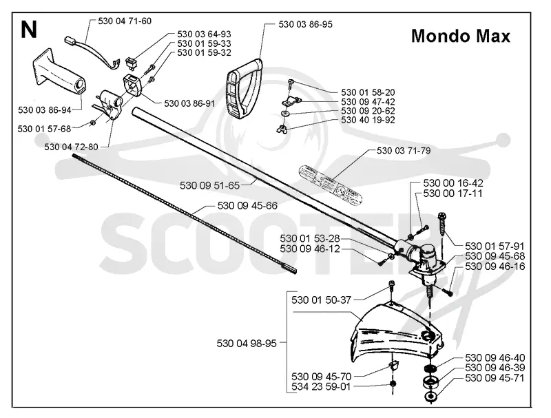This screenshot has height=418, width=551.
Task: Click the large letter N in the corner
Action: click(x=29, y=30)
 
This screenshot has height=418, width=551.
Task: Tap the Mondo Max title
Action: click(x=460, y=36)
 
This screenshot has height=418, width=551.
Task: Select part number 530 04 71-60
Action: click(x=125, y=21)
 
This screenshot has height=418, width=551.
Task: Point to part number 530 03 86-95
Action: click(x=305, y=24)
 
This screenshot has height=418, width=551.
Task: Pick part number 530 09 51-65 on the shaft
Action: click(x=209, y=185)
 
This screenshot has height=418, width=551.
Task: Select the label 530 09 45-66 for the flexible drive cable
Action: click(x=247, y=206)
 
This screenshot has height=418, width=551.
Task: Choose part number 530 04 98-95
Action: click(x=247, y=343)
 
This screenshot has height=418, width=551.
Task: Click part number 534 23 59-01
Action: click(x=321, y=387)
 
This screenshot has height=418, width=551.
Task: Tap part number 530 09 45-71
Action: click(x=495, y=378)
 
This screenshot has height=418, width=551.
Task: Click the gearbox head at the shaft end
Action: click(x=421, y=260)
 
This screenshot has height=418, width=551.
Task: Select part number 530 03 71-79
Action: click(x=404, y=151)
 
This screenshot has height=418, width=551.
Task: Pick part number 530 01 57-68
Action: click(x=44, y=129)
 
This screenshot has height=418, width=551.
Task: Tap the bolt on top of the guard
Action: click(x=391, y=286)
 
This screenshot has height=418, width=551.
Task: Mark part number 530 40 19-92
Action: click(x=368, y=120)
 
